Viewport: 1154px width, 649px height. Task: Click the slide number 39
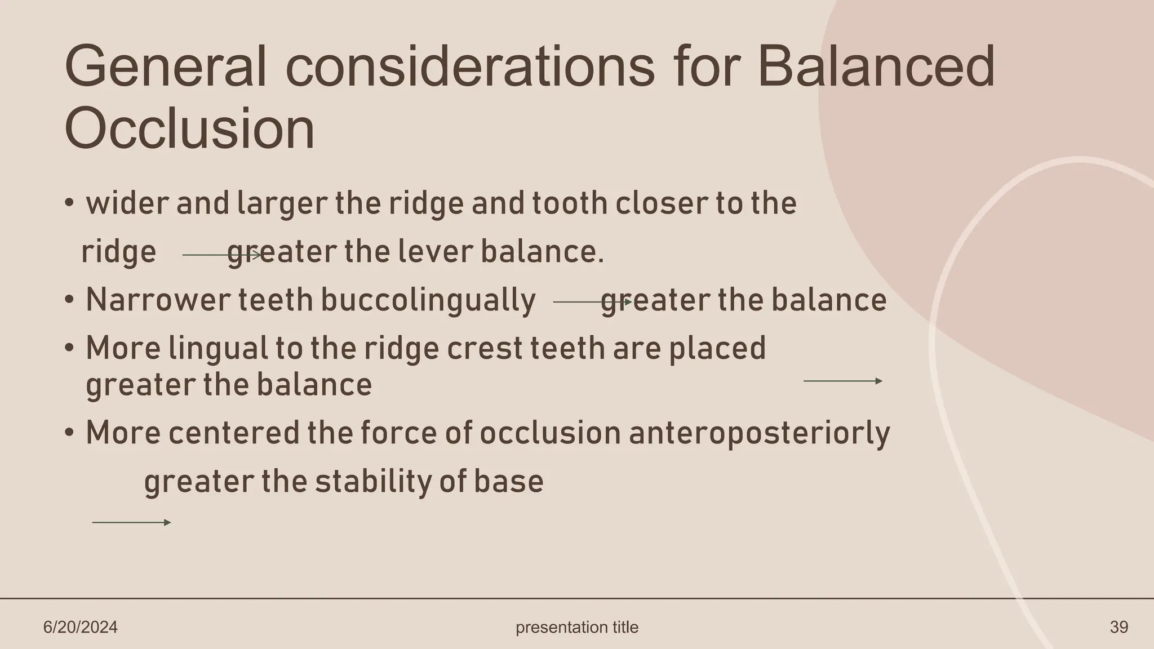[x=1119, y=627]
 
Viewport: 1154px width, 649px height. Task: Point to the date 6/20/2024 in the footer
[x=81, y=627]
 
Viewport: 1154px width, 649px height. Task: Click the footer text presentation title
[x=577, y=627]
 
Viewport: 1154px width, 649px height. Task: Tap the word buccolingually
[x=428, y=300]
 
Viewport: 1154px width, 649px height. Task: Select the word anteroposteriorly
[x=758, y=434]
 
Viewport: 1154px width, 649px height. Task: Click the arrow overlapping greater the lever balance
[x=222, y=255]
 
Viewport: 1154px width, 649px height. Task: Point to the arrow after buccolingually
[x=592, y=303]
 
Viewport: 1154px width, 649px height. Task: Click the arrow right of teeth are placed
[x=842, y=381]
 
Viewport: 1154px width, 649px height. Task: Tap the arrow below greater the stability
[x=131, y=523]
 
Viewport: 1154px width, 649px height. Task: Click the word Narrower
[x=157, y=300]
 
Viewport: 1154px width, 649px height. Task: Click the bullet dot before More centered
[x=69, y=433]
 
